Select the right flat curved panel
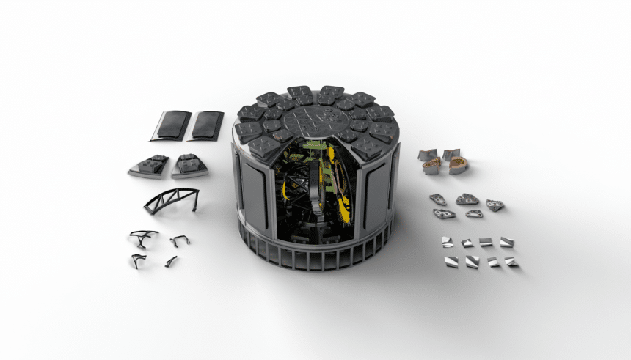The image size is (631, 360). click(206, 125)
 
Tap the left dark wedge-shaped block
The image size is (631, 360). click(149, 166)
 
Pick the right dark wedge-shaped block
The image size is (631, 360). click(189, 166)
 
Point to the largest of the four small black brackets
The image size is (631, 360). click(143, 238)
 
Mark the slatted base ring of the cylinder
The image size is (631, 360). click(315, 253)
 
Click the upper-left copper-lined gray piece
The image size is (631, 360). click(428, 155)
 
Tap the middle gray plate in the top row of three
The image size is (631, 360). click(467, 199)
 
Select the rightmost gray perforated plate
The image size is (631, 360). click(495, 205)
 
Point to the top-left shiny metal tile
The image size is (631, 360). click(446, 241)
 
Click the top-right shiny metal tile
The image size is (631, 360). click(506, 242)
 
